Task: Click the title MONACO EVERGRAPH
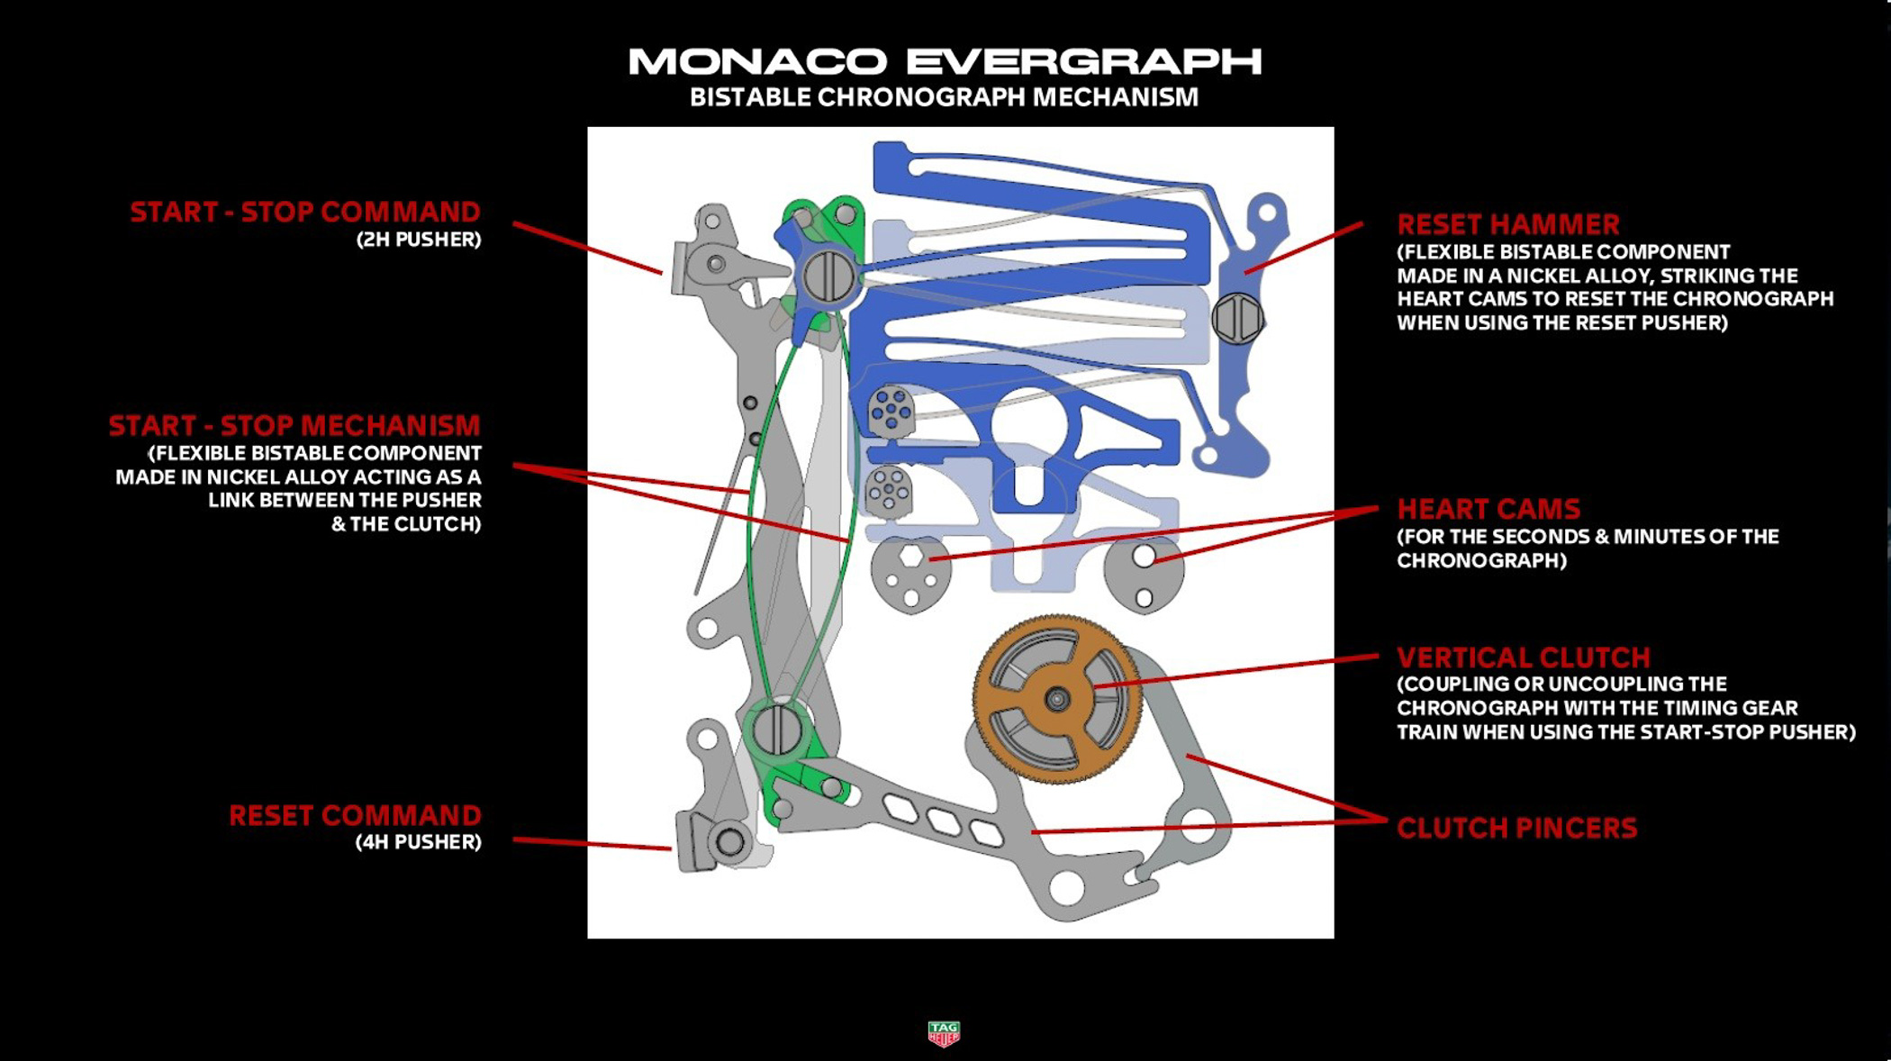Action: click(944, 61)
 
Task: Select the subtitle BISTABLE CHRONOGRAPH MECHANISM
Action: click(944, 97)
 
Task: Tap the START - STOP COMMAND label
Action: click(305, 213)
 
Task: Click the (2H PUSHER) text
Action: click(418, 240)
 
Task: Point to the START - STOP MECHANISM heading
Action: click(294, 425)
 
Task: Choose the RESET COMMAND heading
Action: click(355, 815)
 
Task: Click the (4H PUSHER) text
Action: click(418, 842)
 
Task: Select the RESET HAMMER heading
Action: click(1508, 224)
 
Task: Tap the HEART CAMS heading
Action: click(1488, 509)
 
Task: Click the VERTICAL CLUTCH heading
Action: click(1524, 657)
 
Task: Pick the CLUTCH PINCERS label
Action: click(1516, 829)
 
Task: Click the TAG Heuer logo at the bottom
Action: click(944, 1033)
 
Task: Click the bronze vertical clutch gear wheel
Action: click(1057, 699)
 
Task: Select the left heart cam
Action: click(910, 574)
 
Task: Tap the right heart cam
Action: click(1144, 574)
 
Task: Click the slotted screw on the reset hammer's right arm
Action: click(1237, 318)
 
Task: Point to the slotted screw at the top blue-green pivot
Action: click(828, 277)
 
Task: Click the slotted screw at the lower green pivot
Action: click(775, 730)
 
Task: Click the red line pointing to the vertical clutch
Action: click(1243, 672)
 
